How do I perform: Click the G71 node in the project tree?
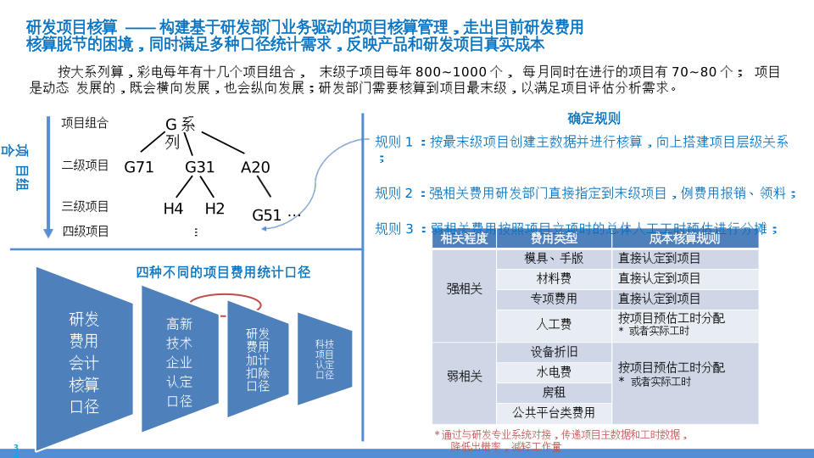(x=139, y=167)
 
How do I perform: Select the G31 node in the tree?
(x=200, y=167)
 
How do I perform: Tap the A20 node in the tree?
(x=255, y=167)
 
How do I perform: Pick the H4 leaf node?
(x=173, y=209)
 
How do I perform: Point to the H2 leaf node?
(x=215, y=209)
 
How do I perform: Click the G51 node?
(x=267, y=215)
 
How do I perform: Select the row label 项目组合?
(x=85, y=123)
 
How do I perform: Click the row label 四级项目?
(x=85, y=231)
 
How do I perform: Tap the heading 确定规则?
(x=594, y=119)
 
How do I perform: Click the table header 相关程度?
(x=465, y=239)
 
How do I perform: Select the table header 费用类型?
(x=554, y=239)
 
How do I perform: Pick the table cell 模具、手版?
(x=554, y=259)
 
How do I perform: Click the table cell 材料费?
(x=554, y=279)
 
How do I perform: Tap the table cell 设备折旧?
(x=554, y=352)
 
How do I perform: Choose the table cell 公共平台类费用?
(x=554, y=413)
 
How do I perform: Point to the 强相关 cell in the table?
(x=465, y=289)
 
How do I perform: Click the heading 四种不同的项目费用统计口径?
(x=223, y=272)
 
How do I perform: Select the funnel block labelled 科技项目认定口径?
(x=325, y=358)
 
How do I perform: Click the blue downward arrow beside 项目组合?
(x=48, y=178)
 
